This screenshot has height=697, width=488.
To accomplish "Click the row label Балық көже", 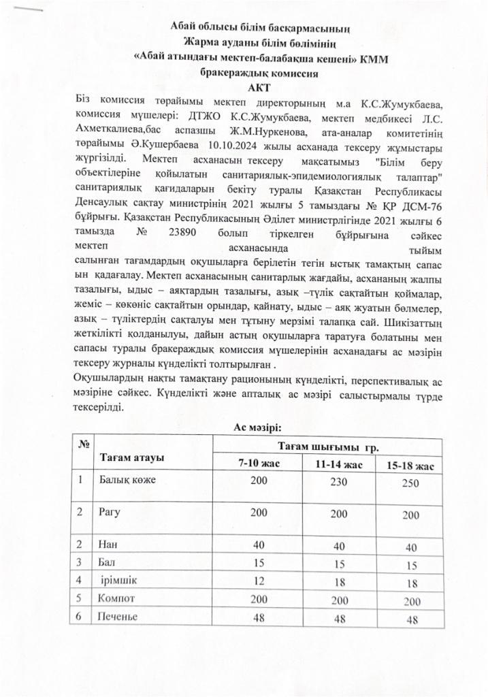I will coord(127,480).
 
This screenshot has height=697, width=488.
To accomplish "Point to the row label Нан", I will coord(108,545).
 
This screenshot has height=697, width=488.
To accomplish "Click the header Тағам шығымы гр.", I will coord(328,447).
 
